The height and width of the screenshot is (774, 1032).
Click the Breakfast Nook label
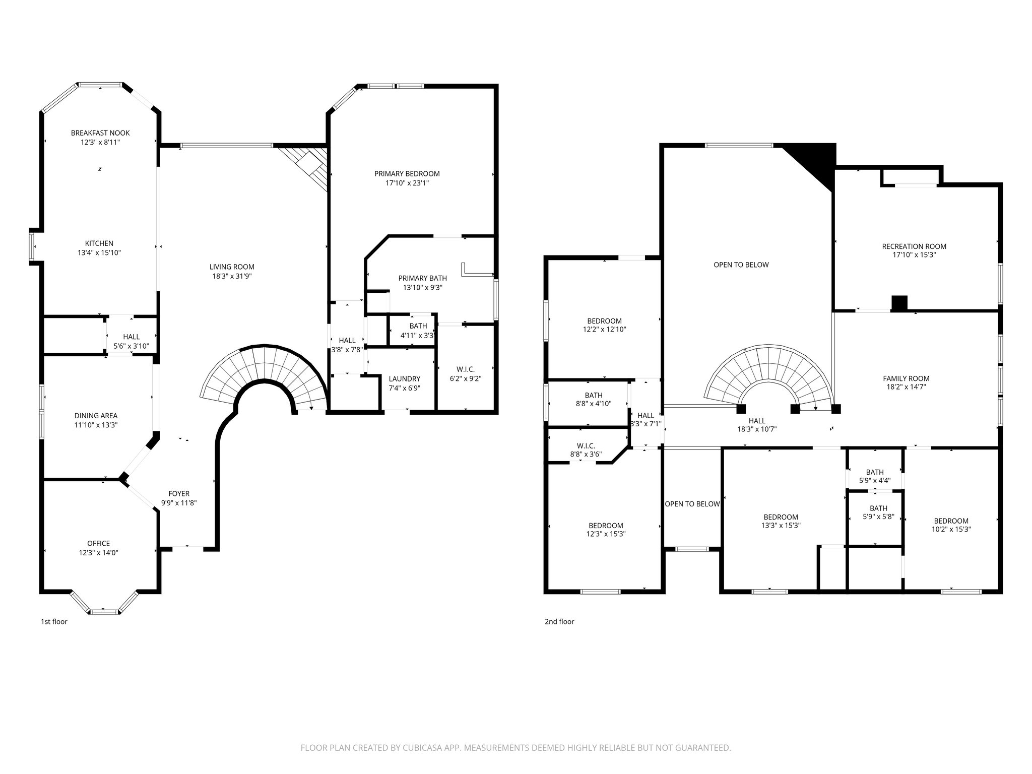[x=100, y=133]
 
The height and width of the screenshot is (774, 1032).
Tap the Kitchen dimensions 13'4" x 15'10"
[x=99, y=253]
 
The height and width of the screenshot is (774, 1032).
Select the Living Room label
[x=232, y=267]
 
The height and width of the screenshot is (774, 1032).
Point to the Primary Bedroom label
[x=407, y=174]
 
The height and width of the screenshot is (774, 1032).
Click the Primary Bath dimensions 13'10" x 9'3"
[x=422, y=288]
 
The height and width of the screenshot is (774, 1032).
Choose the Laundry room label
[x=404, y=379]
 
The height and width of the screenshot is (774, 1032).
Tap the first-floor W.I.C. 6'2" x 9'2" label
[x=465, y=374]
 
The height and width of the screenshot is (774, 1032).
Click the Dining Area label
[x=96, y=416]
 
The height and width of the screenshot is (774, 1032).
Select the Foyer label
[x=179, y=494]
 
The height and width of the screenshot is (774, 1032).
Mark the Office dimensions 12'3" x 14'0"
[x=98, y=553]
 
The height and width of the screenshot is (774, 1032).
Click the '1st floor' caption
[x=54, y=622]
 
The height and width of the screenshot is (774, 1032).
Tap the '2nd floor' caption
[x=559, y=622]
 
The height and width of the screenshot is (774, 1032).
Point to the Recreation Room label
[x=914, y=246]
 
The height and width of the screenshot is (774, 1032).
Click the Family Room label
[x=906, y=378]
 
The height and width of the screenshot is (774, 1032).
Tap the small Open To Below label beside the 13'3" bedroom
[x=692, y=504]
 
